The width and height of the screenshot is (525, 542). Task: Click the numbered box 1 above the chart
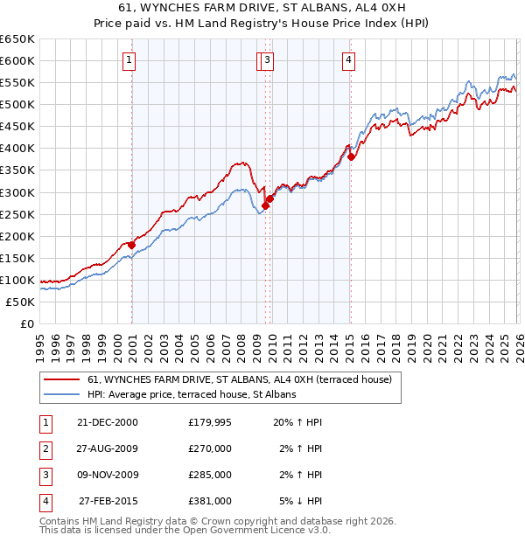129,60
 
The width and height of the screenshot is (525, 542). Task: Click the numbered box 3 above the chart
266,60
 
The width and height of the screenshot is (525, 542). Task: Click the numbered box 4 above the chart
348,60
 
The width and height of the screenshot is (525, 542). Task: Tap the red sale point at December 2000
132,245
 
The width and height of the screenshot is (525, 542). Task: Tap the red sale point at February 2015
351,156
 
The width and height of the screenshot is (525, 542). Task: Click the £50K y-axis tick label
21,302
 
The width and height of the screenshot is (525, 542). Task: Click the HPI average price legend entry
192,394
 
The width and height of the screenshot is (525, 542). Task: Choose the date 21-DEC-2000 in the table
107,422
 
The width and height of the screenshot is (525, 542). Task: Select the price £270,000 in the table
210,448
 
